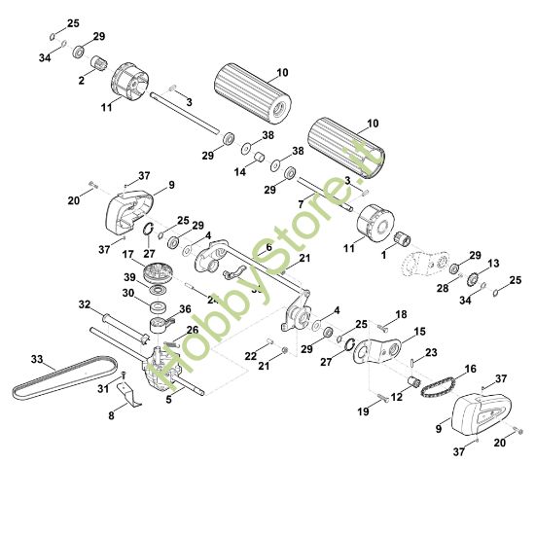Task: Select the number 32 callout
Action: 85,303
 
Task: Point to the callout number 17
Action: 127,256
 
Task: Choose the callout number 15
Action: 420,332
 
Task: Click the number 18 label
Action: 401,315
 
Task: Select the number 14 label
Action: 239,171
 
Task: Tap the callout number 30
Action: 127,291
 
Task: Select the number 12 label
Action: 396,397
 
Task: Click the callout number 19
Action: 364,411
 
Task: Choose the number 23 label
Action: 431,352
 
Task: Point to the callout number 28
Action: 443,289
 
